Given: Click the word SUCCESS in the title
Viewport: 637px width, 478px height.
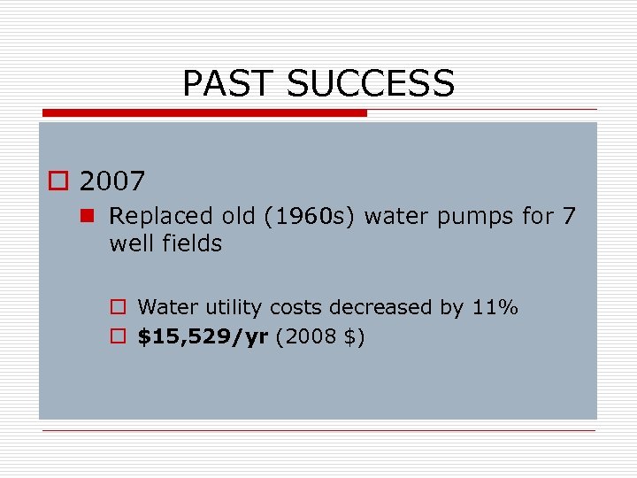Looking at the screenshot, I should (x=371, y=84).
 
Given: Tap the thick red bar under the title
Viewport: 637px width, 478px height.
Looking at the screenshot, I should (x=204, y=113).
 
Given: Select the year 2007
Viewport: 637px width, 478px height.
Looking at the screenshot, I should (x=112, y=181).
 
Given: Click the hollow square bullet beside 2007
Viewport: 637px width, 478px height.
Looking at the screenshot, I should (x=59, y=182).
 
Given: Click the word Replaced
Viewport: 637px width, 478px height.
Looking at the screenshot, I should (x=161, y=216).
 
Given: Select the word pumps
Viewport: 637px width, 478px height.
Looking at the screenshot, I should (x=476, y=217).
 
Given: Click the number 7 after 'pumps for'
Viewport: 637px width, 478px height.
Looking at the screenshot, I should (x=568, y=216).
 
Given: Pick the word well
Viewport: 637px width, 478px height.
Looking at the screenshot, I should (x=128, y=243).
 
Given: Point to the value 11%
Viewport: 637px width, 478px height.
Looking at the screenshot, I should (x=495, y=308).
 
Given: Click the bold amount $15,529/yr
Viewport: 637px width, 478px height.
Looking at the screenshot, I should (x=203, y=337).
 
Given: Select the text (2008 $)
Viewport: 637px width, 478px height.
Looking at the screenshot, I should (x=320, y=337).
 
